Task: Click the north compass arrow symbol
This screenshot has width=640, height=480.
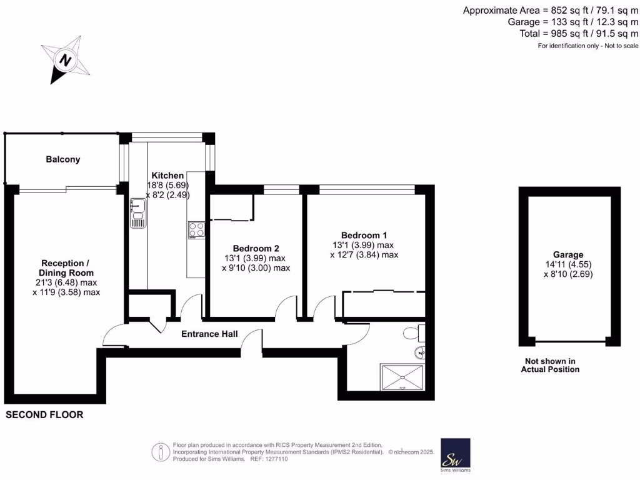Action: (64, 61)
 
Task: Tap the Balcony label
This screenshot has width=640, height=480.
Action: (63, 159)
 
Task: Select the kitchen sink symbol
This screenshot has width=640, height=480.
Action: (137, 213)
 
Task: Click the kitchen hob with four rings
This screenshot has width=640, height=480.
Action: (196, 229)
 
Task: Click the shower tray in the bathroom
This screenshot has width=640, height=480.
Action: (402, 377)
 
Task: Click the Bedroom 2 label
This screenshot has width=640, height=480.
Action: (254, 247)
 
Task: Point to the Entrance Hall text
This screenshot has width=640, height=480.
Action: (209, 334)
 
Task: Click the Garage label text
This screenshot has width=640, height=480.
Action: (567, 254)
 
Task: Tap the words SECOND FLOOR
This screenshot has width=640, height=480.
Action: (44, 415)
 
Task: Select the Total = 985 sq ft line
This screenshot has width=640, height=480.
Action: (579, 33)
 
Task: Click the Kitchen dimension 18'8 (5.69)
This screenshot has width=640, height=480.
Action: (167, 186)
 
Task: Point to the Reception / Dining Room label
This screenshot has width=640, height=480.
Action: (67, 267)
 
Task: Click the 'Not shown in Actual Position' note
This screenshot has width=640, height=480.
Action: (550, 365)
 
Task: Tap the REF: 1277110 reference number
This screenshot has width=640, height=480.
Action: (269, 458)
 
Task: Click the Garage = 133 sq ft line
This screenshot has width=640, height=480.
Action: (573, 22)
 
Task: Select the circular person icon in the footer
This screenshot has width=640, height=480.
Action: (161, 451)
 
